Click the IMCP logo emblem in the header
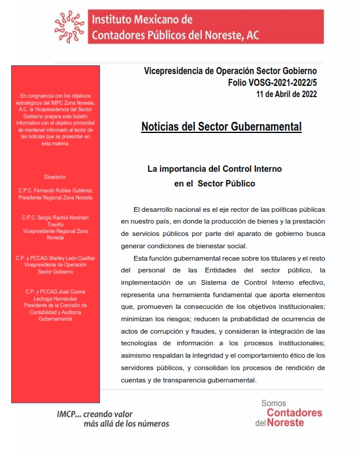69,26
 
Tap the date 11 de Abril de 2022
286,94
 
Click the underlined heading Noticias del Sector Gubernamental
221,127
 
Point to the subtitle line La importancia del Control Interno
214,169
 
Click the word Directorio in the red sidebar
55,177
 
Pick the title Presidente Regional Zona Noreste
55,198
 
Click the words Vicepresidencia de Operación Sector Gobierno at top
234,71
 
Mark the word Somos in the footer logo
274,403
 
